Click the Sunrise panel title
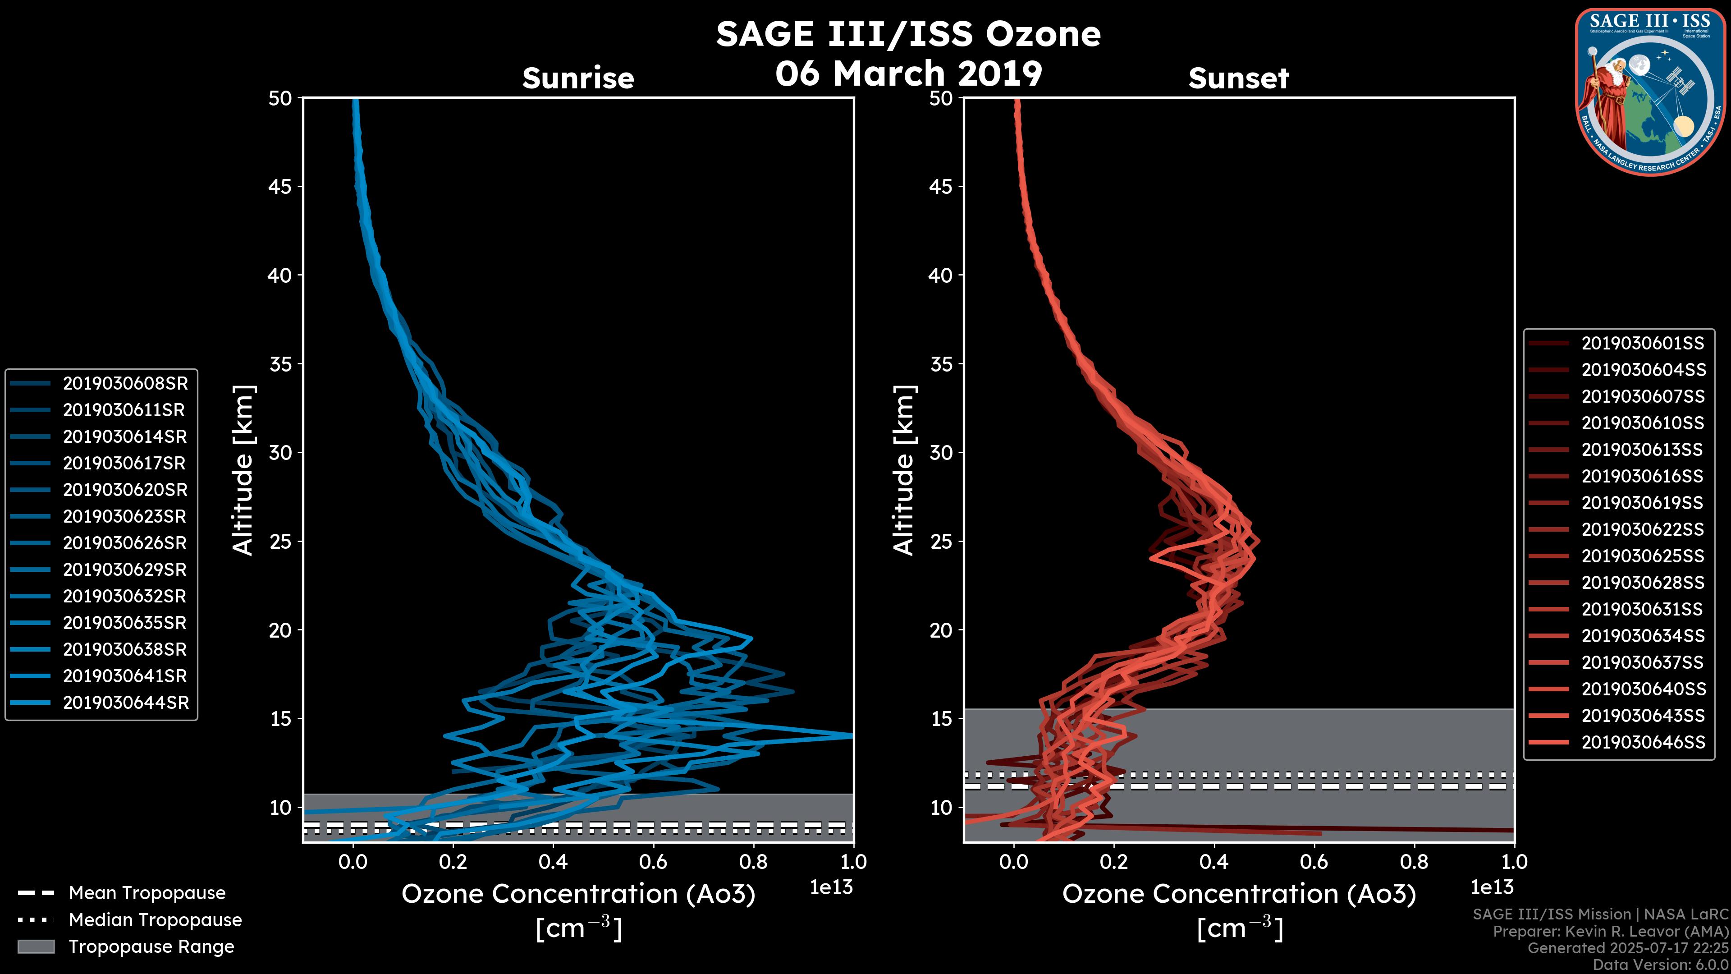pos(578,78)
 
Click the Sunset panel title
pos(1238,78)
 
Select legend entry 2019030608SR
pos(125,383)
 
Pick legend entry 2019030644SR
pos(125,703)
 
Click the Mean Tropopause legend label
pos(147,893)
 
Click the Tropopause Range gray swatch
pos(36,946)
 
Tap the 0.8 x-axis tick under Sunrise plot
pos(753,861)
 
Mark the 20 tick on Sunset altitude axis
pos(941,630)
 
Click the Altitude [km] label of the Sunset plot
pos(904,470)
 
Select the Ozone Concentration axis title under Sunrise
pos(578,894)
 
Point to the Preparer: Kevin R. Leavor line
pos(1610,932)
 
